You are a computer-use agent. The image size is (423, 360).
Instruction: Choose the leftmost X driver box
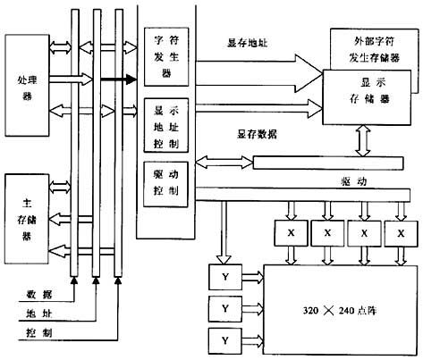[x=290, y=232]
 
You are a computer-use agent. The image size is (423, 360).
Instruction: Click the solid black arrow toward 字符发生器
[x=116, y=80]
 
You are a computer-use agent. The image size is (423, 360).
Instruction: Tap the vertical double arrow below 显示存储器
[x=364, y=138]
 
